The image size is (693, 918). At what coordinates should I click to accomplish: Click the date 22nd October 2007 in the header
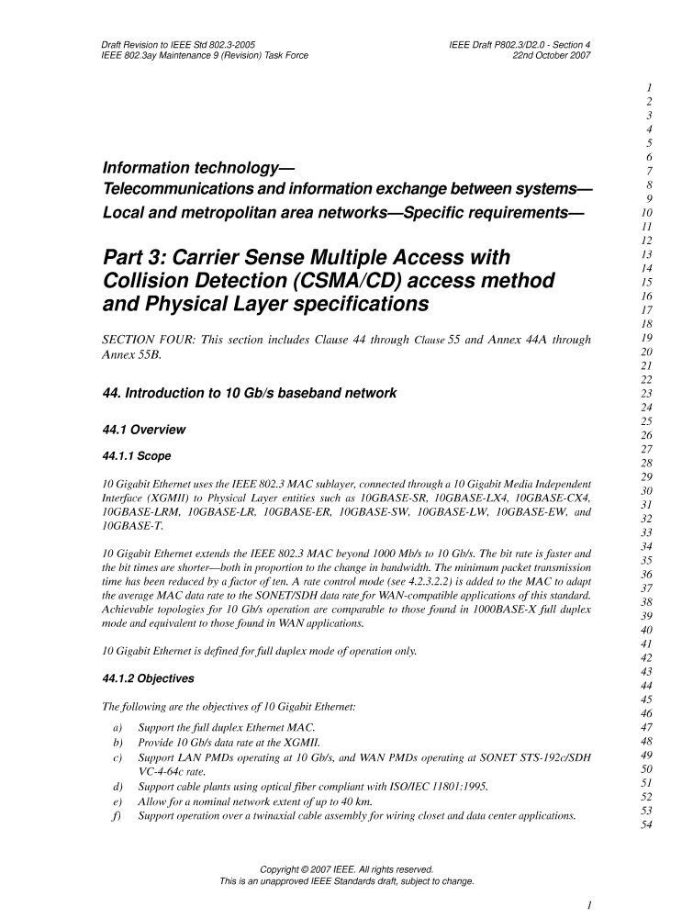coord(551,55)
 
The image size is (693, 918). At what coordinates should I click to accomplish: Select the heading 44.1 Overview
coord(144,430)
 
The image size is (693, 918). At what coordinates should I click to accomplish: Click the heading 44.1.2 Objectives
coord(149,678)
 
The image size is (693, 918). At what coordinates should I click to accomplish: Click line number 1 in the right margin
coord(649,87)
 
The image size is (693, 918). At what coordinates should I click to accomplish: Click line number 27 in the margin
coord(649,450)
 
